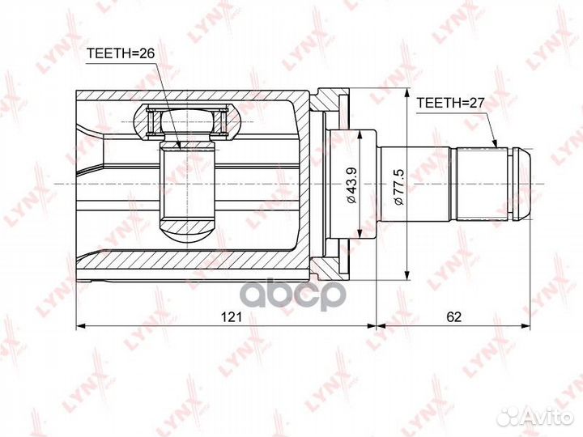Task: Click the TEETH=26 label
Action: [x=119, y=55]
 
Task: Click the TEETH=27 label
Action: [x=449, y=104]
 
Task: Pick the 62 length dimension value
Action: [x=453, y=318]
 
